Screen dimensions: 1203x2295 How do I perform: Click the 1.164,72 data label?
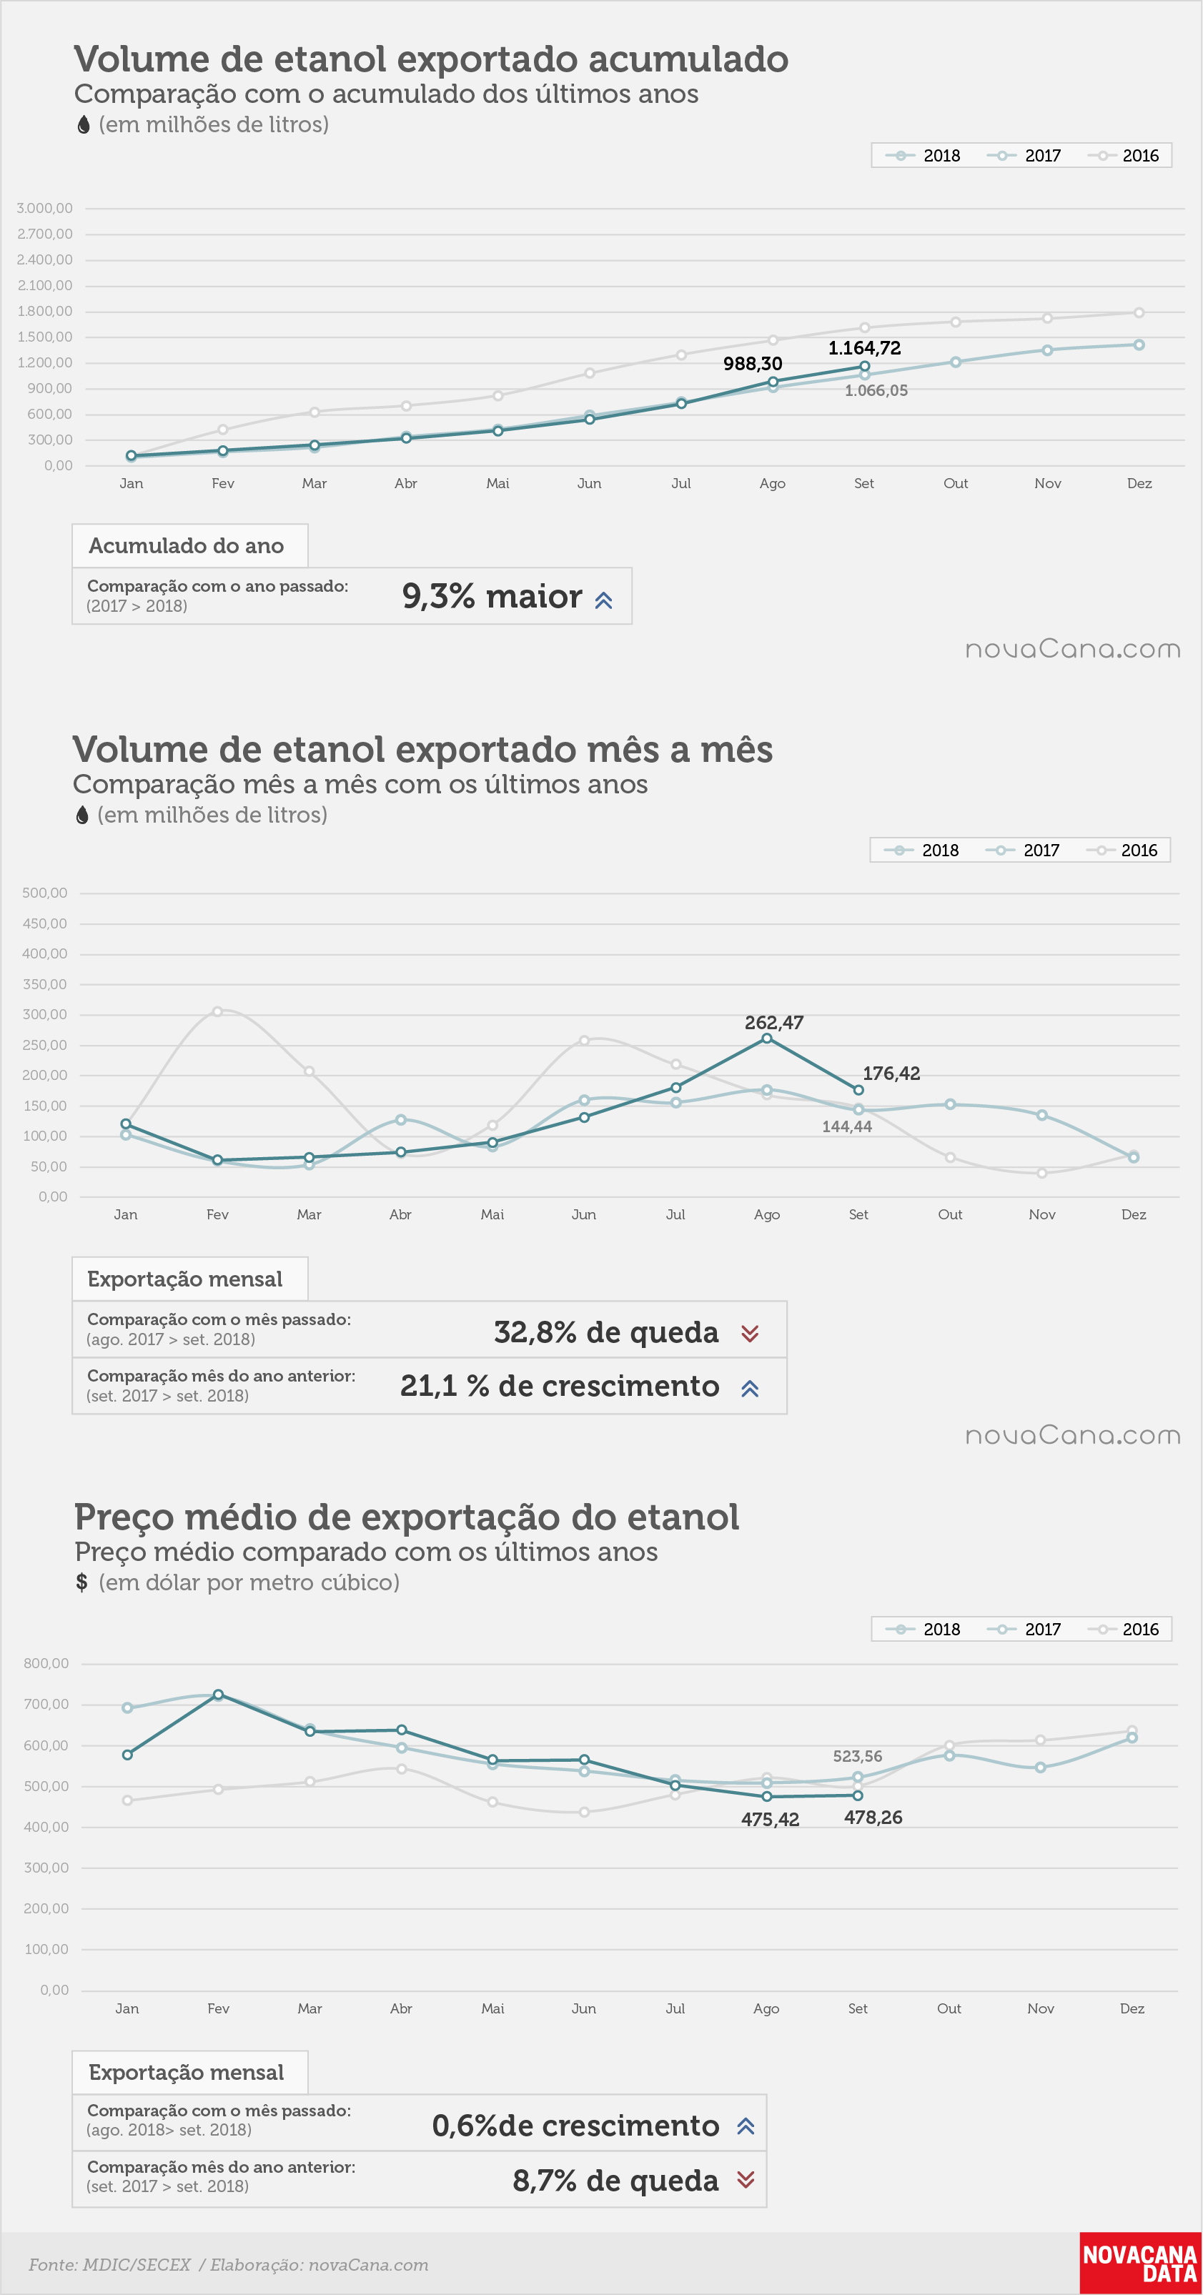(x=864, y=348)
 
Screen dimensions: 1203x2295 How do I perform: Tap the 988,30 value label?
(x=753, y=364)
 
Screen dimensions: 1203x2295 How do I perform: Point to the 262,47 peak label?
(x=774, y=1023)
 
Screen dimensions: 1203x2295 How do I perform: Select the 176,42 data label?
(x=891, y=1074)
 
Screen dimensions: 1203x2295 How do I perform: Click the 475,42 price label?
(x=770, y=1819)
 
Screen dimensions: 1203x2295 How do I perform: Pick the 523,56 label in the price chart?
(x=857, y=1756)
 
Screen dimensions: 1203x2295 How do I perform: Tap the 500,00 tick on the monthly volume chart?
(x=44, y=893)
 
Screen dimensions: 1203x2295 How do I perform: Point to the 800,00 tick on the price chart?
(x=46, y=1663)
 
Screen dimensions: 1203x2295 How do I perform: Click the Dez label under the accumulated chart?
(x=1139, y=483)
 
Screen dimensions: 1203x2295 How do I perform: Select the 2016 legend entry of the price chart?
(x=1128, y=1630)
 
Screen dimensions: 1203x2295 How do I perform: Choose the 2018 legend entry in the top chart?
(x=924, y=156)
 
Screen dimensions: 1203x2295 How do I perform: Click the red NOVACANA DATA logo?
(x=1139, y=2263)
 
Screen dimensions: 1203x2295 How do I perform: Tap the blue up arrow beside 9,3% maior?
(x=603, y=600)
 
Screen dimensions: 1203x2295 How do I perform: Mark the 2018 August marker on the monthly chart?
(x=766, y=1038)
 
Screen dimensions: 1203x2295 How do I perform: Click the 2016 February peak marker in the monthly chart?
(x=217, y=1011)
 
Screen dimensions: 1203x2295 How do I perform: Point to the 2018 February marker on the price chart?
(x=218, y=1695)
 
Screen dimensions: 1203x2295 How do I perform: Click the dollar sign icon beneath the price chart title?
(x=82, y=1582)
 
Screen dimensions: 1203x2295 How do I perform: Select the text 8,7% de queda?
(x=615, y=2180)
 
